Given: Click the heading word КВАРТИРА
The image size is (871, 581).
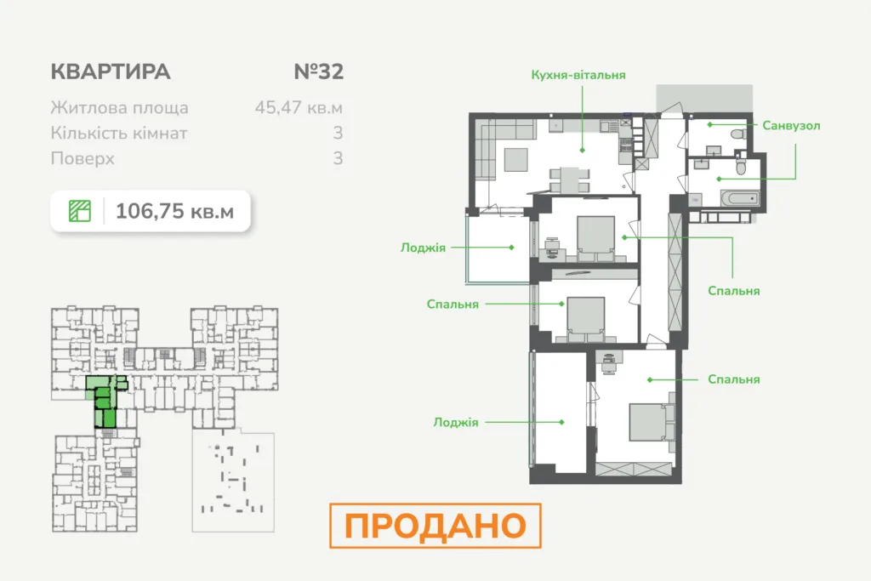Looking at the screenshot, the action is pos(111,71).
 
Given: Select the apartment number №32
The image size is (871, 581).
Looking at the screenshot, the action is pos(319,71).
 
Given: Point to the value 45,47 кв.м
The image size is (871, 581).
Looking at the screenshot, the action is pos(299,107).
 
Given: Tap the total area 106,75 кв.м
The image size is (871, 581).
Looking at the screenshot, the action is pos(174,211).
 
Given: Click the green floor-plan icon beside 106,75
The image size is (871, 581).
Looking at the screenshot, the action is pos(79,211).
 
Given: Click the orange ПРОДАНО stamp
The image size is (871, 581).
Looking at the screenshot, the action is pos(435,526).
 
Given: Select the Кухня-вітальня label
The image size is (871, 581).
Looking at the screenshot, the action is pos(578,75).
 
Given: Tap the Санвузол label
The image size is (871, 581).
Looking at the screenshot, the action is pos(791,126).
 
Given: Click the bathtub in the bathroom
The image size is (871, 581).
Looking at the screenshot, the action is pos(740,198).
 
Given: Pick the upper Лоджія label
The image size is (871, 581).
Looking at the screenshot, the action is pos(424,248).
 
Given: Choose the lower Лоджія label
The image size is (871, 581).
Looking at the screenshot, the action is pos(456,422).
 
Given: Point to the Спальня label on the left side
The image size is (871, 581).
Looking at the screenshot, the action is pos(453,305).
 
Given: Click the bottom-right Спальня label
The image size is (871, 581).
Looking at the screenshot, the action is pos(734,379).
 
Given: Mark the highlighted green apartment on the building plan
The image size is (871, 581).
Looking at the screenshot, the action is pos(105,400).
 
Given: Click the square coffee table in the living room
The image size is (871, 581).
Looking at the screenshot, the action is pos(516,161).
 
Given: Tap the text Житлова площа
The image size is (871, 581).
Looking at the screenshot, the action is pos(119,108).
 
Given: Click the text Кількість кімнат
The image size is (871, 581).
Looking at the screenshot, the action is pos(119,134).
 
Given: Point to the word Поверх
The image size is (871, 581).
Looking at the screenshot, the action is pos(83,159).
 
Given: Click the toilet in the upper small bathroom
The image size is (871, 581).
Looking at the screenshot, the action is pos(739,134).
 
